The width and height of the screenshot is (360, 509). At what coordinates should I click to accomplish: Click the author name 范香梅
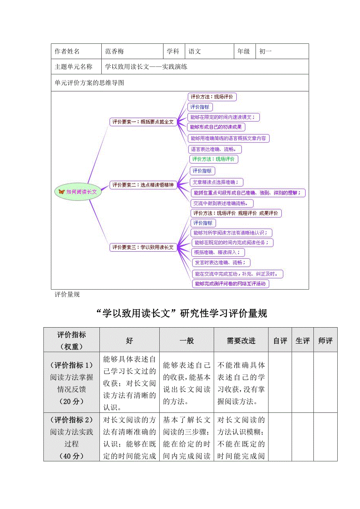click(115, 51)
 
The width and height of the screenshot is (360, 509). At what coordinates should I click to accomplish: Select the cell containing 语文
click(194, 51)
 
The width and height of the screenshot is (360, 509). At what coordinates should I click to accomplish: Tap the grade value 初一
click(265, 51)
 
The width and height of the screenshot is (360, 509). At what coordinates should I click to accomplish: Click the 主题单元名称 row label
click(74, 66)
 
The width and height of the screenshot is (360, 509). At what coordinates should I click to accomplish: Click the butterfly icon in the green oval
click(61, 192)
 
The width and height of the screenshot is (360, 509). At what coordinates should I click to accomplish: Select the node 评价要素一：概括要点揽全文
click(143, 122)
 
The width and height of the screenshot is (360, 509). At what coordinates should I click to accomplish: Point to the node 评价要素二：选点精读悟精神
click(143, 185)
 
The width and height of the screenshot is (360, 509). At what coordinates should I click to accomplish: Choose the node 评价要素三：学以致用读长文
click(143, 247)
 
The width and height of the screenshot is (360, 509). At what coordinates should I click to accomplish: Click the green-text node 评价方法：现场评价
click(214, 159)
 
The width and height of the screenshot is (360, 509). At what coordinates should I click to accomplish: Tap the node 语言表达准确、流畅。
click(215, 149)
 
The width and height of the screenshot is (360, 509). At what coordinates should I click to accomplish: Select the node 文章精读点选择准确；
click(217, 182)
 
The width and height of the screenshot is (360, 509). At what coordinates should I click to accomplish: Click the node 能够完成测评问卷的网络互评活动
click(230, 284)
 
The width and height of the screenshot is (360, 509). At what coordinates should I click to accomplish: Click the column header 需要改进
click(241, 341)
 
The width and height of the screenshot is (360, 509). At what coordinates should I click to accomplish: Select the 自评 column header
click(280, 341)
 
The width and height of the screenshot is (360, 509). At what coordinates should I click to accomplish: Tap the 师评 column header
click(325, 341)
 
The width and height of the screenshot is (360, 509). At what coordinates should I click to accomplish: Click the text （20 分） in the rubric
click(71, 401)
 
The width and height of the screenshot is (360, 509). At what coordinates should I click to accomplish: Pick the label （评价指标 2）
click(71, 420)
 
